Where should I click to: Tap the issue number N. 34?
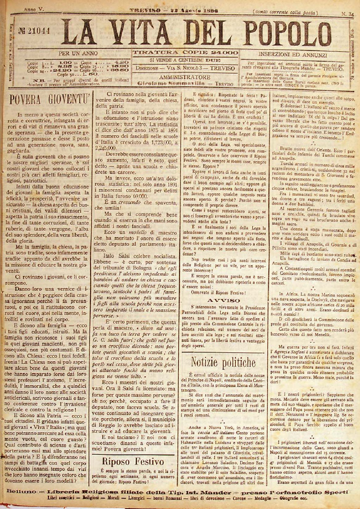347,13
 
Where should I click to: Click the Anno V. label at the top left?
34,9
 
